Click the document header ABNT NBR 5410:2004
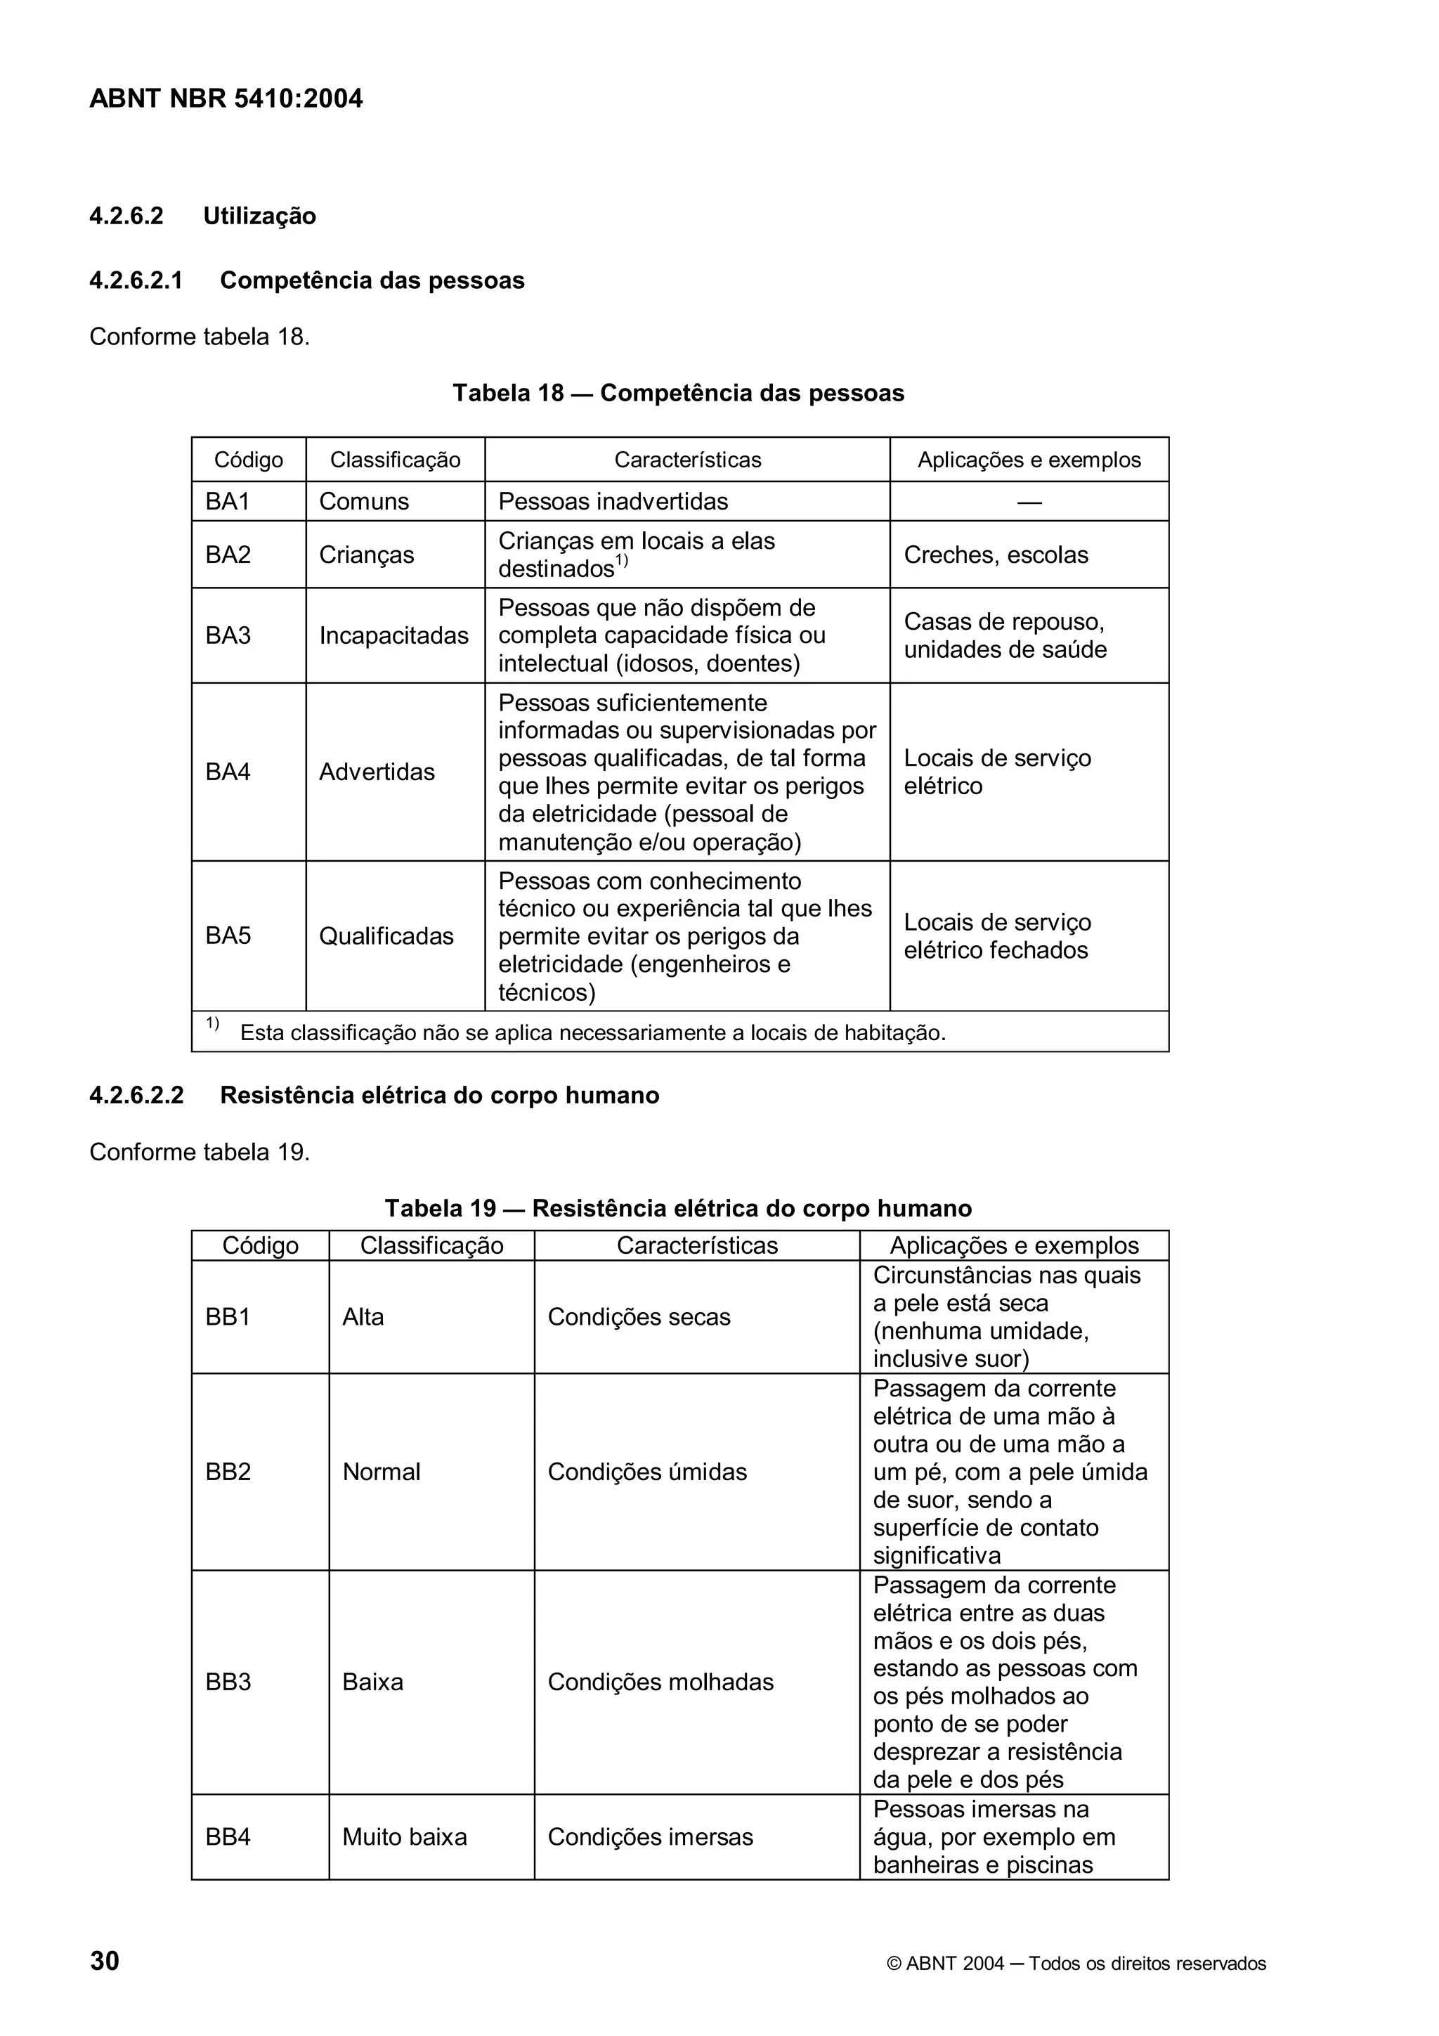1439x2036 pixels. click(x=226, y=98)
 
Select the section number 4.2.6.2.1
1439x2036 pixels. click(x=136, y=280)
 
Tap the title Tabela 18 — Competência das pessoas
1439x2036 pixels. click(x=678, y=393)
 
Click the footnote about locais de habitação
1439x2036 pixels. click(x=592, y=1033)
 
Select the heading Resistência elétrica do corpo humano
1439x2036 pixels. click(x=439, y=1096)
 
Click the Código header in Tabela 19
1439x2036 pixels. click(x=260, y=1246)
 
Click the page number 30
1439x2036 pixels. click(x=105, y=1962)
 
